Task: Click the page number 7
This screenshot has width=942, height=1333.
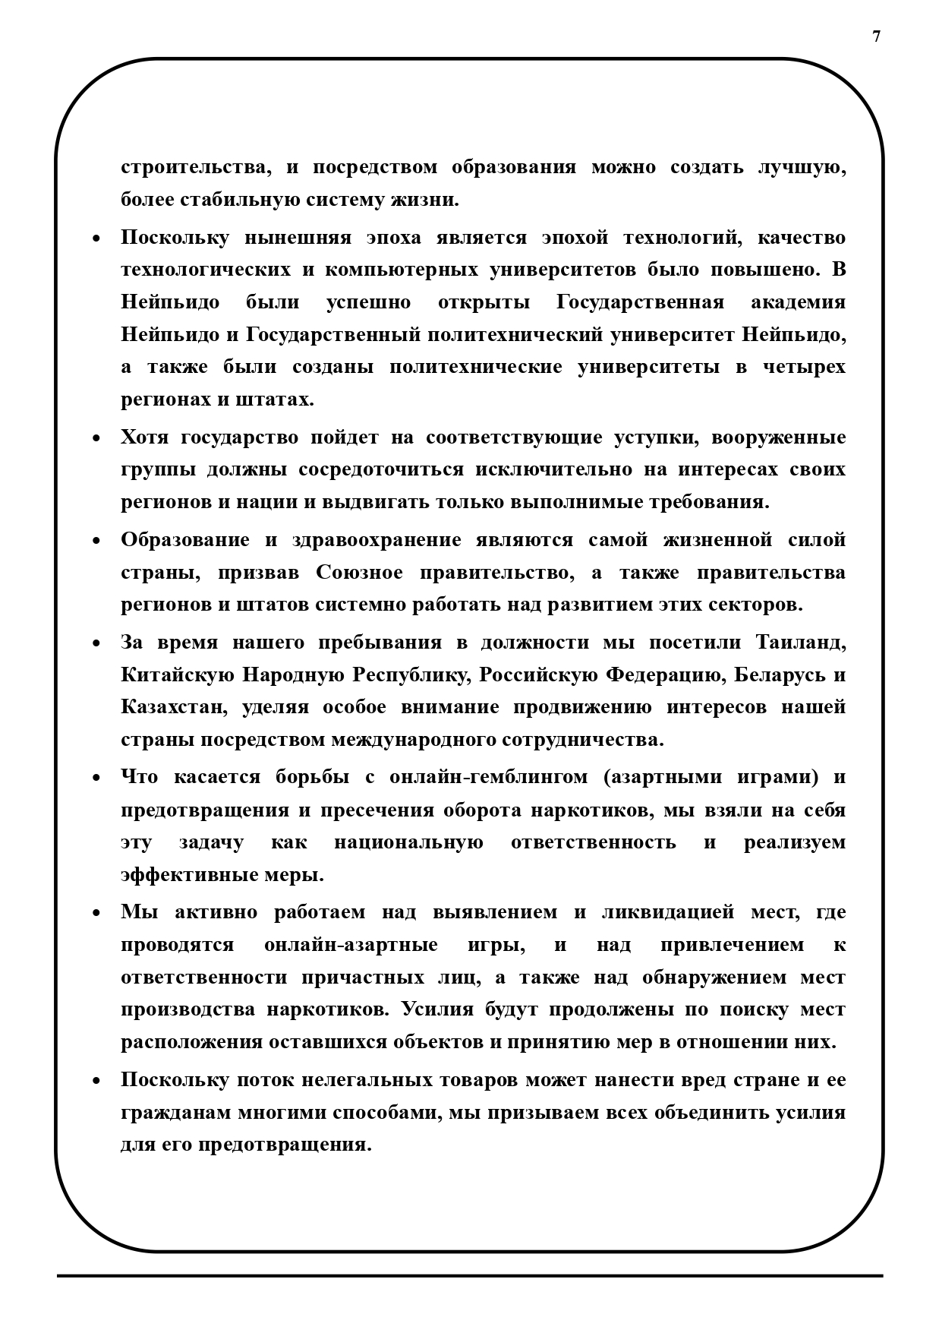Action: (877, 36)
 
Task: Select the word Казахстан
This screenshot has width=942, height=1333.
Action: (174, 707)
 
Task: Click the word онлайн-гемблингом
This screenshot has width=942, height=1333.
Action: (488, 777)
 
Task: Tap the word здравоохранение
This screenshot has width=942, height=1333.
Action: (376, 540)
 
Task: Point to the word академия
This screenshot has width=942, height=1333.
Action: (798, 302)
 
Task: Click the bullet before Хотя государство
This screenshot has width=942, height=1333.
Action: (96, 439)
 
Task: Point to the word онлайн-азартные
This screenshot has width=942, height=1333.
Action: (351, 945)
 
